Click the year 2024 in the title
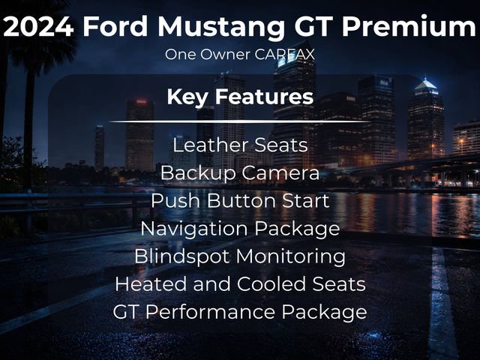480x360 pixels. click(x=38, y=27)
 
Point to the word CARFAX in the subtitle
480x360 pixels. click(x=286, y=55)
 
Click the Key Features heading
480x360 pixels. click(x=240, y=97)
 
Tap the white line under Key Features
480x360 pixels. click(x=240, y=121)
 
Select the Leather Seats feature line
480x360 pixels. click(x=240, y=145)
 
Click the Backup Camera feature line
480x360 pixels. click(x=240, y=173)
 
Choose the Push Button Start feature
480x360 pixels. click(x=240, y=201)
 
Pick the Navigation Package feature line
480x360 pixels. click(x=240, y=228)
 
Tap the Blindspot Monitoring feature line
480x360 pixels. click(x=240, y=256)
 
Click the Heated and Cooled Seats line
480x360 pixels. click(x=240, y=283)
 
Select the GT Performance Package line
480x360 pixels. click(x=240, y=311)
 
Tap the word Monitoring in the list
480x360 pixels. click(x=291, y=256)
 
